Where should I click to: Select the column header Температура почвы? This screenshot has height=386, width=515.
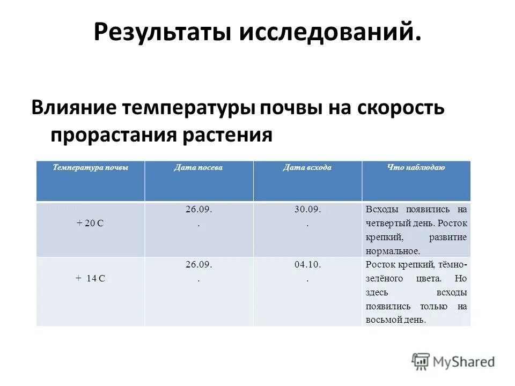[90, 168]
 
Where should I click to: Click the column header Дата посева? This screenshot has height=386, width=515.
[198, 168]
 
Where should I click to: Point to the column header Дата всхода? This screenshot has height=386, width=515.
[307, 168]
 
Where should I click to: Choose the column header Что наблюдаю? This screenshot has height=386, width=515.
[416, 168]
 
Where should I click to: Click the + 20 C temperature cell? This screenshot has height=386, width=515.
[90, 224]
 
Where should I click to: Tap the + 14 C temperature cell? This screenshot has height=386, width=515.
[90, 278]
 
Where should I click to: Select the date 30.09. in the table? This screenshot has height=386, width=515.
[307, 210]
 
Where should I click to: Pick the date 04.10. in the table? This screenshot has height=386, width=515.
[307, 264]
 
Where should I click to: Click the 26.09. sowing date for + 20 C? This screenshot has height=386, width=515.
[199, 210]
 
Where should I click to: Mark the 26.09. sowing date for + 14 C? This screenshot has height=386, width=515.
[199, 264]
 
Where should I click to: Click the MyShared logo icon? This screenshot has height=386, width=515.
[422, 361]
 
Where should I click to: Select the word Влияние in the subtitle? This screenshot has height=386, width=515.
[72, 108]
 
